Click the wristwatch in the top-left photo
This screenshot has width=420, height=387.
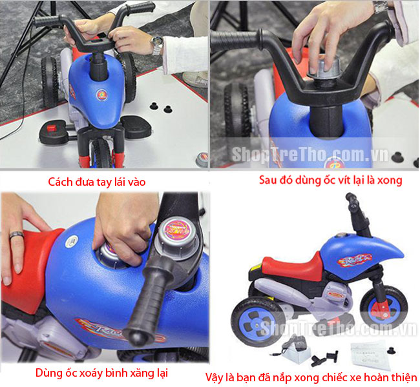pyautogui.click(x=157, y=45)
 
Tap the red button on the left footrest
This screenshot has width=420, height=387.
pyautogui.click(x=52, y=128)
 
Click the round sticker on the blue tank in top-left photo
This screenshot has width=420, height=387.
pyautogui.click(x=102, y=95)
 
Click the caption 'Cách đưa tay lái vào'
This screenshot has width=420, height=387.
pyautogui.click(x=97, y=182)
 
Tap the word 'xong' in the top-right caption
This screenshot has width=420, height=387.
pyautogui.click(x=390, y=181)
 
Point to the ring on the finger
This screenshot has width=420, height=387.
pyautogui.click(x=17, y=235)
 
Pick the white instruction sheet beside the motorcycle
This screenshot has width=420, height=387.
pyautogui.click(x=368, y=355)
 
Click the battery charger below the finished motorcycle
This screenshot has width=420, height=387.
pyautogui.click(x=293, y=351)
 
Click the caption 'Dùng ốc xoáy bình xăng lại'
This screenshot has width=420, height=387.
pyautogui.click(x=101, y=373)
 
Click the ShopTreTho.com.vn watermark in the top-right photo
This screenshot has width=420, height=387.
pyautogui.click(x=310, y=154)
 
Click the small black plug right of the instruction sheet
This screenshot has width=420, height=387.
pyautogui.click(x=392, y=350)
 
